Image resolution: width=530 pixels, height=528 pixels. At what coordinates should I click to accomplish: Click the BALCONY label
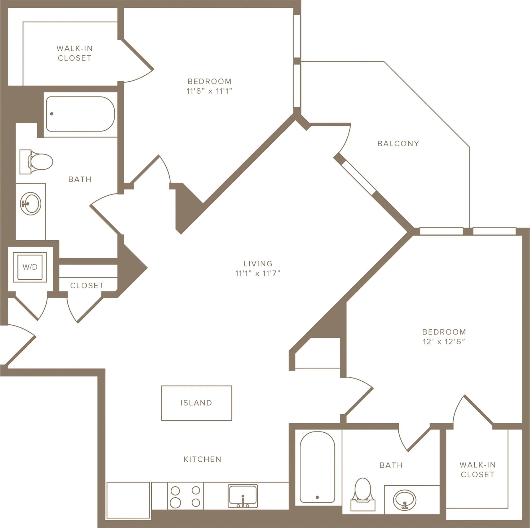tap(398, 143)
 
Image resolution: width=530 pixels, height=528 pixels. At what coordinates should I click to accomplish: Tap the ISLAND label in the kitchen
tap(196, 403)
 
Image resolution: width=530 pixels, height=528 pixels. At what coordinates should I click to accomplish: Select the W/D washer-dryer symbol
tap(30, 267)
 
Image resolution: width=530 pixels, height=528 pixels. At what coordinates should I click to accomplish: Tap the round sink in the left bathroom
tap(30, 204)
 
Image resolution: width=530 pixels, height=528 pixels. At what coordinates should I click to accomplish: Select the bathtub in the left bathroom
tap(80, 114)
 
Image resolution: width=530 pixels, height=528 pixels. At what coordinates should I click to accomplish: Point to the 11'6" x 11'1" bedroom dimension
tap(209, 91)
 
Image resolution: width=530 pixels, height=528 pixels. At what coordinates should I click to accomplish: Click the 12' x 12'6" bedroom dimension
tap(444, 342)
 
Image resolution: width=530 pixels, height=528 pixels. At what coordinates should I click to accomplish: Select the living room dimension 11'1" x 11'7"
tap(258, 273)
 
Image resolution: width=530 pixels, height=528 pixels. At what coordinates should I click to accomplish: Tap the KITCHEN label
tap(202, 459)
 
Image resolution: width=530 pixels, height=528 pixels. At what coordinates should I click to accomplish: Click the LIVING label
tap(258, 264)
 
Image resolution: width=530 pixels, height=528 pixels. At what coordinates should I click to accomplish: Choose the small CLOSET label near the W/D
tap(87, 286)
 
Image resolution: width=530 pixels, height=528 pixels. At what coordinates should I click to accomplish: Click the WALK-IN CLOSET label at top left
tap(75, 53)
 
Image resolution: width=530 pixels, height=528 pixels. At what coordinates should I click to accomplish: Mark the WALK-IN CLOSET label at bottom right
tap(478, 469)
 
